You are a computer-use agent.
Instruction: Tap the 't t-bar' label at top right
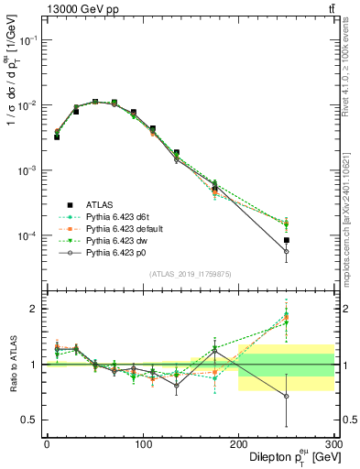(331, 8)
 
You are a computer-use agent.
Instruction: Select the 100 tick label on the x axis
(142, 443)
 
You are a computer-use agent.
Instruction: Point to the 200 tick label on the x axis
(238, 443)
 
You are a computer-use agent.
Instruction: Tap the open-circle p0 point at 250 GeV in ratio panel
(287, 396)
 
